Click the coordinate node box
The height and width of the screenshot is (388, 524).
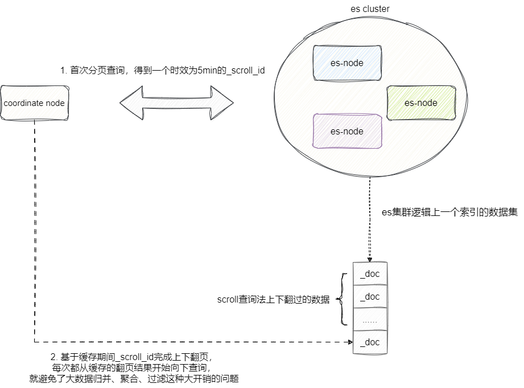pyautogui.click(x=34, y=103)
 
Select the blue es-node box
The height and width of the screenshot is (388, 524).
pyautogui.click(x=346, y=63)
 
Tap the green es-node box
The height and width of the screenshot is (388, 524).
pyautogui.click(x=420, y=103)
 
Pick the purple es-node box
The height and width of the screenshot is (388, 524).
pyautogui.click(x=346, y=132)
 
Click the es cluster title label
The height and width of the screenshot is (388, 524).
pyautogui.click(x=370, y=9)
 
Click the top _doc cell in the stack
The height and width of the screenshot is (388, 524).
pyautogui.click(x=370, y=274)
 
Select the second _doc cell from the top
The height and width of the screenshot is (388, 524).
pyautogui.click(x=370, y=296)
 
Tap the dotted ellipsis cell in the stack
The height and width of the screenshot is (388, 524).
pyautogui.click(x=370, y=320)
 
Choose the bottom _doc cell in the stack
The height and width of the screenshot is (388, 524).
pyautogui.click(x=370, y=342)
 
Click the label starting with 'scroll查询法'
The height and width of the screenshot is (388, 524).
pyautogui.click(x=274, y=300)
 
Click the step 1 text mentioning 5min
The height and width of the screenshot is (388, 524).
pyautogui.click(x=163, y=70)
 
